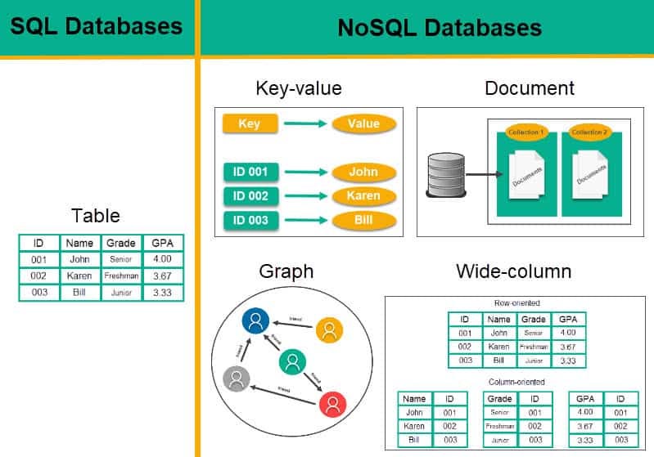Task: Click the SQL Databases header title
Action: point(96,26)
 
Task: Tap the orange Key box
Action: point(250,124)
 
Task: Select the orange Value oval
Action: point(363,124)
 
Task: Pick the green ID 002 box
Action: point(250,196)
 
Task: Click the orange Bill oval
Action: point(363,221)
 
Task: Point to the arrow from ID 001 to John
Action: point(304,172)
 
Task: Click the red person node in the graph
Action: point(332,403)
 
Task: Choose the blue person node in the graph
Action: point(256,321)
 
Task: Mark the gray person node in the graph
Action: point(237,378)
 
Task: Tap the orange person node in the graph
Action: point(329,330)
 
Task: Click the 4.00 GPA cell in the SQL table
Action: point(163,259)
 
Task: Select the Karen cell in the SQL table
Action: point(79,276)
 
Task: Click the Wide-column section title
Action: point(513,271)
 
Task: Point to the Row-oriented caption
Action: point(516,302)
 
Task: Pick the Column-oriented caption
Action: point(516,382)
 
